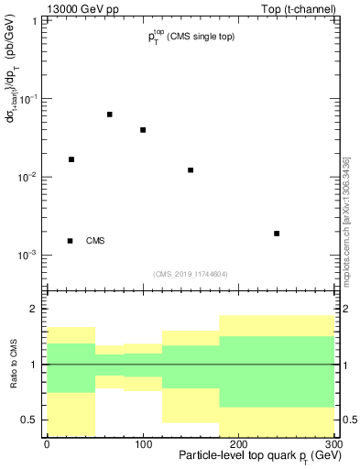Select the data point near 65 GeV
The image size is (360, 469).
tap(110, 115)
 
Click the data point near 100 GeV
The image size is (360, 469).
tap(143, 130)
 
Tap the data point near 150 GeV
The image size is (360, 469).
tap(191, 170)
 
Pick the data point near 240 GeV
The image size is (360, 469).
tap(277, 234)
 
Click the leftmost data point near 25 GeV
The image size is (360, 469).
tap(71, 159)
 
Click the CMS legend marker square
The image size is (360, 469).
tap(70, 241)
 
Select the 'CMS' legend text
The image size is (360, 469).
tap(95, 241)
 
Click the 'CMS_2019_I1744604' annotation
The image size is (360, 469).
tap(190, 274)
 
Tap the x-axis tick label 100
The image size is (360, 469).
tap(143, 444)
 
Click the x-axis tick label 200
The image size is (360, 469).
tap(238, 444)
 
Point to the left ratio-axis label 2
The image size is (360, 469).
tap(34, 310)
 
